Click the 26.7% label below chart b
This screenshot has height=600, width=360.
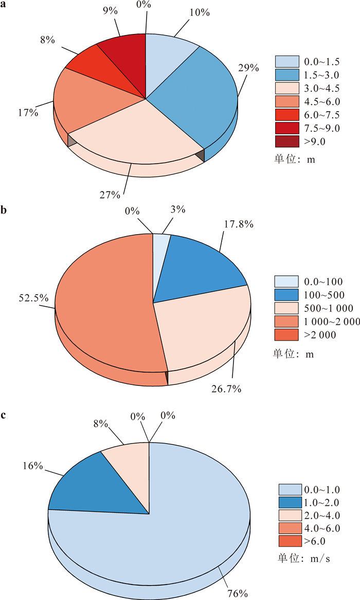[227, 389]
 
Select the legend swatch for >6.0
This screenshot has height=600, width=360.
[290, 540]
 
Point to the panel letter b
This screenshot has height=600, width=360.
[4, 210]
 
